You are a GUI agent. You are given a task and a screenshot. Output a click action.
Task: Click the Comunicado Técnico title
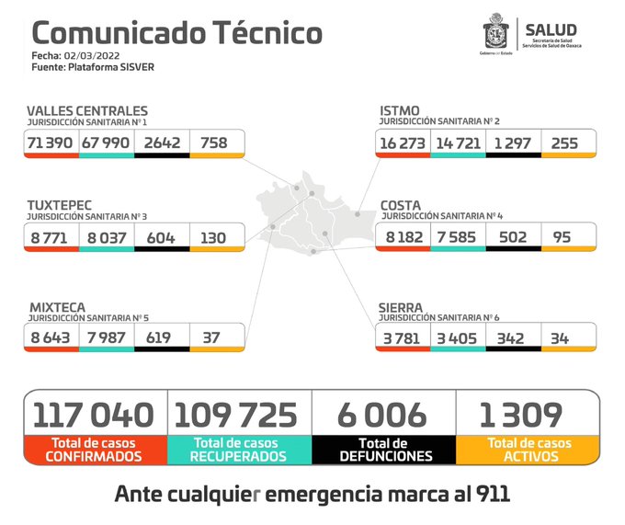(x=177, y=33)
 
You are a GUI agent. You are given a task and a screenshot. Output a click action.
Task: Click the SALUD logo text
(x=551, y=29)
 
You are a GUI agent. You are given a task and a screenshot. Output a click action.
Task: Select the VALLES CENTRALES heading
(x=86, y=111)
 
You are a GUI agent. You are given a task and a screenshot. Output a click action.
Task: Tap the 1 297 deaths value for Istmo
(x=512, y=143)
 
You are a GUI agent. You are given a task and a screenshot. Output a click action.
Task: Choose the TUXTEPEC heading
(x=60, y=203)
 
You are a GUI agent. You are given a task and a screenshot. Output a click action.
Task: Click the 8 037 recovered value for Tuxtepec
(x=106, y=236)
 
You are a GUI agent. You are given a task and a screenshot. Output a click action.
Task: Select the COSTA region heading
(x=401, y=203)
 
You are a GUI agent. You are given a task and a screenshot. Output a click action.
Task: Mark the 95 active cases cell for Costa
(x=558, y=236)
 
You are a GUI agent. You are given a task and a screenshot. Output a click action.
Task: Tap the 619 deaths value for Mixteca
(x=162, y=337)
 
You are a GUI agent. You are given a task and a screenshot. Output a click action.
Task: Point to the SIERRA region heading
(x=401, y=306)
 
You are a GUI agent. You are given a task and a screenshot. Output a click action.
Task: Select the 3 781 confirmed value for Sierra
(x=402, y=337)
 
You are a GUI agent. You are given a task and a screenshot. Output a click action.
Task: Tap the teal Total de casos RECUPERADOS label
(x=239, y=449)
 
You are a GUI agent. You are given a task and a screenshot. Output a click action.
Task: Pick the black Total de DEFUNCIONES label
(x=384, y=449)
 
